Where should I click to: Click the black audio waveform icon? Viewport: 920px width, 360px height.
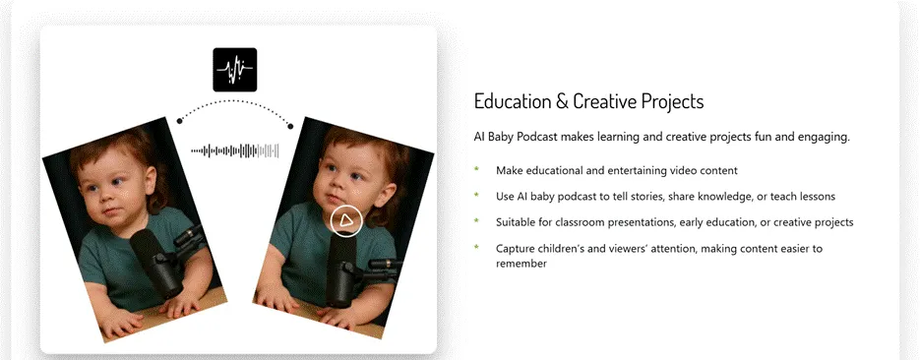(235, 70)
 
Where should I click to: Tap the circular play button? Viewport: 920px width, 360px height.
(346, 220)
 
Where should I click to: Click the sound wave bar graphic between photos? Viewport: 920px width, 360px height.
(235, 151)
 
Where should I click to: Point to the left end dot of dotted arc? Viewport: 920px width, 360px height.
(179, 121)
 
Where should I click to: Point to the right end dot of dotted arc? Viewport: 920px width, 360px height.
(290, 126)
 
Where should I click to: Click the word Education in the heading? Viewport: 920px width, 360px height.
(513, 101)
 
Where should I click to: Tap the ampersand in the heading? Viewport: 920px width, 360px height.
(562, 101)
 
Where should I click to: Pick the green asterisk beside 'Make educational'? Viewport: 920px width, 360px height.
(476, 169)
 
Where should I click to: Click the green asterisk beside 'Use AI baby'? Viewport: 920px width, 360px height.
(476, 195)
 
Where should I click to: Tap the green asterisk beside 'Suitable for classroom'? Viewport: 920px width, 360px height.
(476, 221)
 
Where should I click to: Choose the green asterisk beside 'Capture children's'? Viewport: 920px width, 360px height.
(476, 247)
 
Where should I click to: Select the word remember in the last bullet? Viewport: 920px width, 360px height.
(521, 264)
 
